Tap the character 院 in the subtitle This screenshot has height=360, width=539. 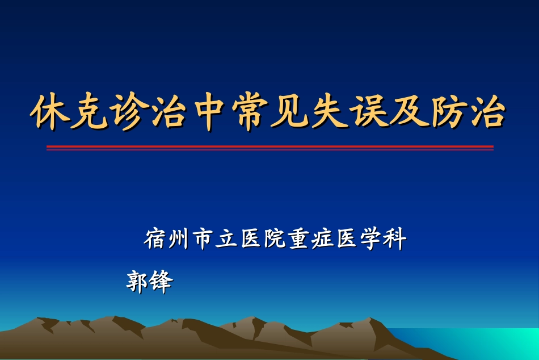(274, 239)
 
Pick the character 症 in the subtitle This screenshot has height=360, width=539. (322, 239)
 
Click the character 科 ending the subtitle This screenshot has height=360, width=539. (394, 239)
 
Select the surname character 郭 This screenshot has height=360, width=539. (137, 282)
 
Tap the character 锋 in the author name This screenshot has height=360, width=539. (161, 282)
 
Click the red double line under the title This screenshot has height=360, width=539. (269, 148)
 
